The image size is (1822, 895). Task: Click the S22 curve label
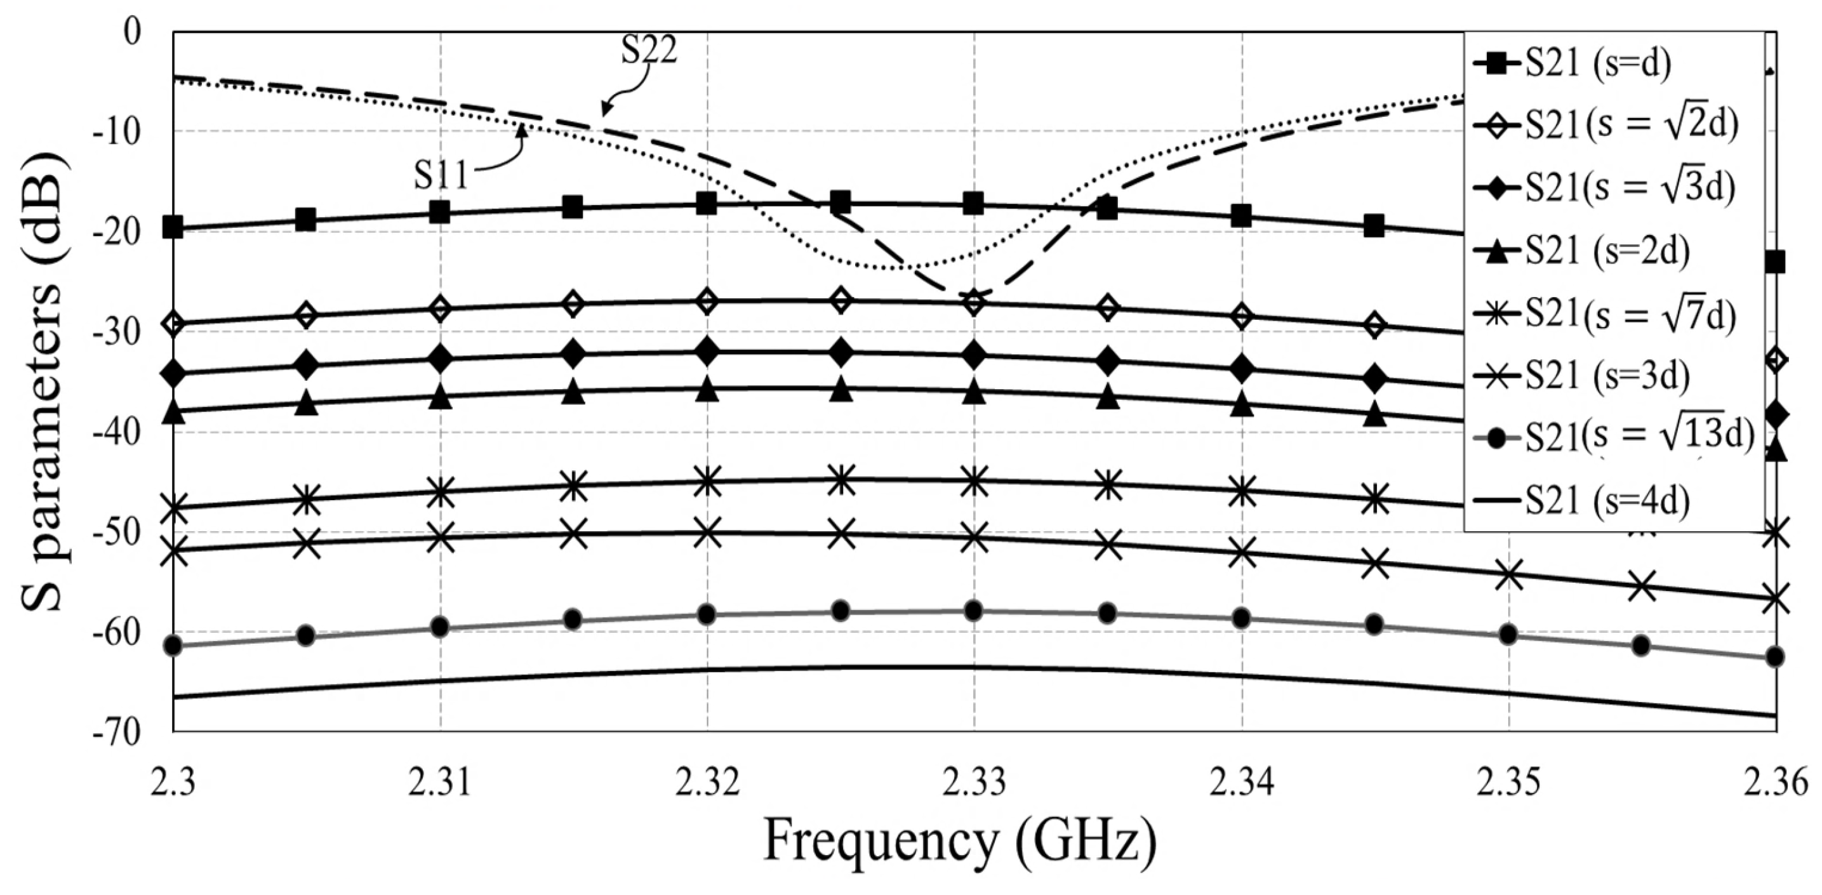(x=649, y=50)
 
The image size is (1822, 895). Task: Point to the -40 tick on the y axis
(x=117, y=432)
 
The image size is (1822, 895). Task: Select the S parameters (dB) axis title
(x=46, y=381)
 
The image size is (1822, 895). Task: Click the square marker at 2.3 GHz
(x=173, y=228)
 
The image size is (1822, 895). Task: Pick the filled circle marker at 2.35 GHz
(x=1508, y=634)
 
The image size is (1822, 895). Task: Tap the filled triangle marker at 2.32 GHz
(x=707, y=390)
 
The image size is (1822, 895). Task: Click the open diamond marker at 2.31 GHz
(x=440, y=309)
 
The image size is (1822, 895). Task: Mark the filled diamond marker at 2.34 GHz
(x=1241, y=368)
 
